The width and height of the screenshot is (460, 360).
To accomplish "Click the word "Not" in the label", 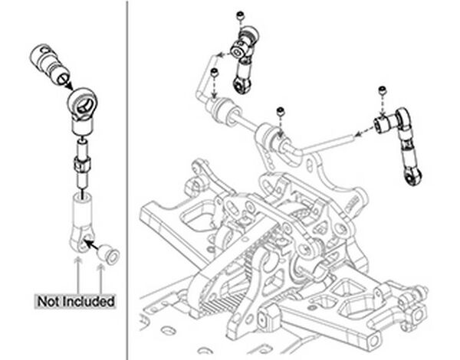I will [52, 301].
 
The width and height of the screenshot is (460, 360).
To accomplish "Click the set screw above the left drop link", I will [242, 15].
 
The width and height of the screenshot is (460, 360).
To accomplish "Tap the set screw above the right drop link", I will [381, 93].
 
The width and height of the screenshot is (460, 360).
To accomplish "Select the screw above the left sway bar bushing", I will [214, 73].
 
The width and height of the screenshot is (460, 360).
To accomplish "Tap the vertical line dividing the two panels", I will [127, 180].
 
